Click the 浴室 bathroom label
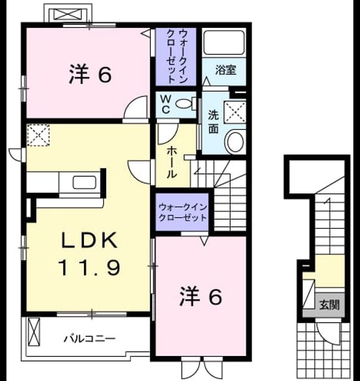click(x=225, y=70)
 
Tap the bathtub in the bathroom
click(x=224, y=42)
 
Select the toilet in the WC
click(x=186, y=104)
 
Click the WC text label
click(x=166, y=104)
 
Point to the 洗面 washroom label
click(x=213, y=121)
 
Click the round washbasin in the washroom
click(x=235, y=142)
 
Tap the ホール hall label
click(x=171, y=163)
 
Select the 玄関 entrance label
click(x=329, y=305)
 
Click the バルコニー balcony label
click(x=89, y=339)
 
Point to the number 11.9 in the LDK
click(x=89, y=267)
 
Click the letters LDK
click(x=89, y=240)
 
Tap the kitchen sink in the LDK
click(x=84, y=183)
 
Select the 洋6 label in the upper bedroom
click(x=90, y=74)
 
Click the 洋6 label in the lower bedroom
click(x=201, y=296)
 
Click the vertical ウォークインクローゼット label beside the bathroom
click(x=176, y=57)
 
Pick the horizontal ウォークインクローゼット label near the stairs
click(x=182, y=213)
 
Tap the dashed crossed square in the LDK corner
click(x=38, y=135)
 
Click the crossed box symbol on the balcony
click(x=34, y=332)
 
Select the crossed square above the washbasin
click(x=235, y=113)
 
